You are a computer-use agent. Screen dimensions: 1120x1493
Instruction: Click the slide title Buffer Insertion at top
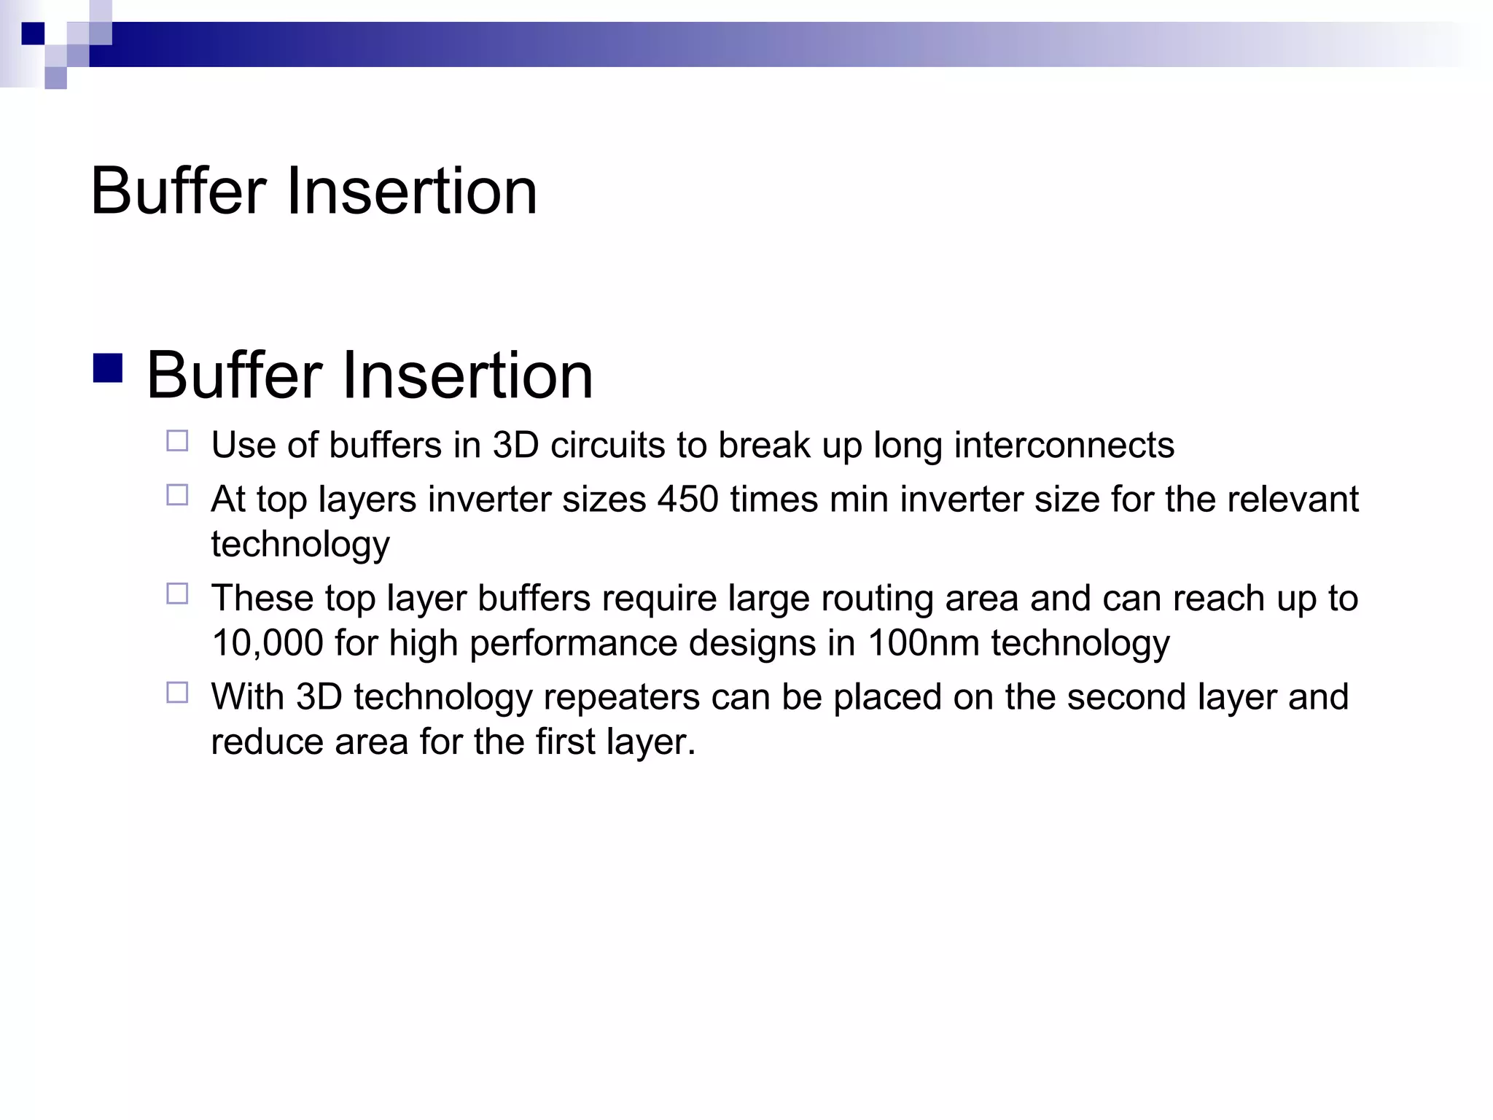[313, 191]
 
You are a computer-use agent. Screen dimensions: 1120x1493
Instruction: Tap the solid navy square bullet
[108, 368]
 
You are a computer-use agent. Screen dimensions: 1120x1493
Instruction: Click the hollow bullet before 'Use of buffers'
[177, 441]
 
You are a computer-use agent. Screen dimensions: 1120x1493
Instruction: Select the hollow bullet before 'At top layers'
[177, 495]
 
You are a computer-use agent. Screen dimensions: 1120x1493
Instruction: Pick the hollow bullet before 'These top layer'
[177, 594]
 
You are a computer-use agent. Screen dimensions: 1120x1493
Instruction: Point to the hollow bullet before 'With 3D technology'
[177, 692]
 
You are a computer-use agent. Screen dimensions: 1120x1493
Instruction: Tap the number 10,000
[267, 643]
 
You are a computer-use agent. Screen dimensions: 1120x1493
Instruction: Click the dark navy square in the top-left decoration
[33, 34]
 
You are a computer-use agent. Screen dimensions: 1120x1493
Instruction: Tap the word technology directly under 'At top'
[300, 545]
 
